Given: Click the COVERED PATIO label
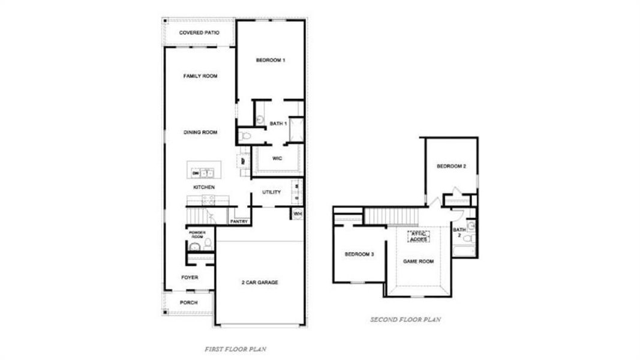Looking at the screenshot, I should pos(199,32).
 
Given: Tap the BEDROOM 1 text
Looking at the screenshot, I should pos(270,60).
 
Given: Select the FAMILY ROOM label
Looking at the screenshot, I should pos(200,76).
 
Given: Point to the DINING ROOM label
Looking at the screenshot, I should pos(200,132).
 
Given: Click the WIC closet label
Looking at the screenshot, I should pos(277,158).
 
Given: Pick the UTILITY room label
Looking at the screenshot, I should pos(271,192).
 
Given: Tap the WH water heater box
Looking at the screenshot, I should pos(298,213).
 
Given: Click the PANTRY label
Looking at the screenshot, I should pos(239,221).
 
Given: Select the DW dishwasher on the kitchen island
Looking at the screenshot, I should pos(196,173).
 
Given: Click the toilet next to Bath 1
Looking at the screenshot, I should pos(245,137).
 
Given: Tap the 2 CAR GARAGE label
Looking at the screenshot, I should pos(260,282).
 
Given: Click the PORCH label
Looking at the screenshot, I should pos(188,302).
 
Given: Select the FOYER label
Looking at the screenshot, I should pos(190,277).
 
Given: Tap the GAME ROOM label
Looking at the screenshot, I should pos(418,262).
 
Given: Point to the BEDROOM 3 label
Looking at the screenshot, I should pos(359,254).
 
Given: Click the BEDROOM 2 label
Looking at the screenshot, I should pos(451,166).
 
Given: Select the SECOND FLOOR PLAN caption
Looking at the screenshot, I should pos(405,320).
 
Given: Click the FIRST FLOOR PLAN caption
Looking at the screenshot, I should pos(235,349).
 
